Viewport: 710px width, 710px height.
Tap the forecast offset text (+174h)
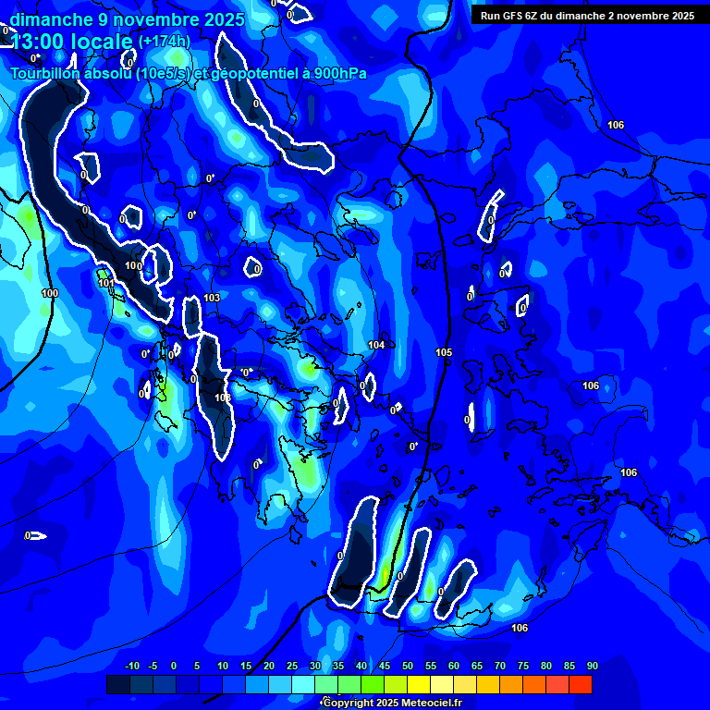pos(164,41)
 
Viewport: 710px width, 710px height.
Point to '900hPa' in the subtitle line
pos(338,74)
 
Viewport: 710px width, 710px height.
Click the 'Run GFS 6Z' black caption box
pos(588,15)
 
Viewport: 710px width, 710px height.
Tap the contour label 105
pos(444,352)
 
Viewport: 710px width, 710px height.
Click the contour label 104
pos(376,345)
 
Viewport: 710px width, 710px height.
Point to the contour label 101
pos(106,283)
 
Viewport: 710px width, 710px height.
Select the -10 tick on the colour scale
pos(131,666)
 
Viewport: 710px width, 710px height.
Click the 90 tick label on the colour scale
pos(592,666)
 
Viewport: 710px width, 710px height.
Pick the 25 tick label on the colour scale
pos(292,666)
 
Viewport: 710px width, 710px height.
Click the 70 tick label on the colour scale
pos(500,666)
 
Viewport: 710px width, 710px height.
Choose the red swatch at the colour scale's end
pos(581,684)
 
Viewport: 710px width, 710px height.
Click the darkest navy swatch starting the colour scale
pos(118,684)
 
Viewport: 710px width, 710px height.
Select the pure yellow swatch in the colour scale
pos(419,684)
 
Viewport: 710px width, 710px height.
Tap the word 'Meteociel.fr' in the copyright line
pos(431,703)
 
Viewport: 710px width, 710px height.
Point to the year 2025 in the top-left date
pos(224,18)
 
